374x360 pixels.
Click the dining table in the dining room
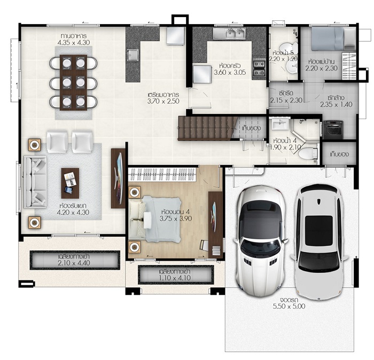tap(73, 82)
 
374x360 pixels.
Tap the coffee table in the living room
tap(70, 183)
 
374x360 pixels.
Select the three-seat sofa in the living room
tap(35, 182)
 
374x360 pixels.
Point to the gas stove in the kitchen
tap(259, 68)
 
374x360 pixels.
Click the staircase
tap(205, 128)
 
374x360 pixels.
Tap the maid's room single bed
tap(333, 38)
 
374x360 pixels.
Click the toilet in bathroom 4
tap(308, 153)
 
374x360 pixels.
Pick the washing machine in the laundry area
tap(333, 130)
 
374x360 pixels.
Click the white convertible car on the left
tap(261, 240)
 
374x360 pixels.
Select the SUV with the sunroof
tap(319, 241)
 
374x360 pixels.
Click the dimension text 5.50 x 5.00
tap(289, 306)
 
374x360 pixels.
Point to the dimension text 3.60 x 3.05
tap(230, 72)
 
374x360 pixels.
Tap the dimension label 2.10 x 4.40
tap(74, 263)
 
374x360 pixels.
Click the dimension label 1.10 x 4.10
tap(175, 278)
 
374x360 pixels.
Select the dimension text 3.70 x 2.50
tap(163, 101)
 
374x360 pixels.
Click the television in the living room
tap(119, 178)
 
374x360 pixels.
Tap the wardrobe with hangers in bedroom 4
tap(162, 175)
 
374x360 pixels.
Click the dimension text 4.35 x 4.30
tap(74, 42)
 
